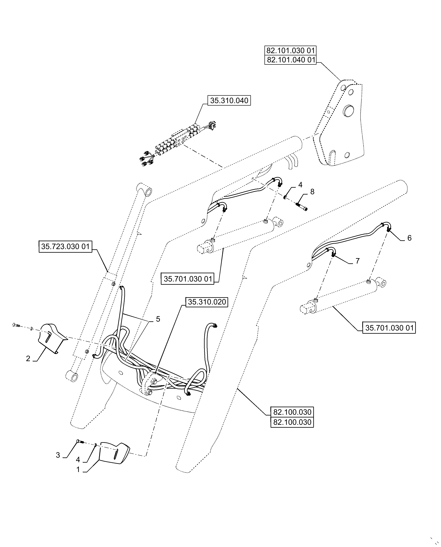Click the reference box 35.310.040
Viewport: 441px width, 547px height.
pyautogui.click(x=229, y=101)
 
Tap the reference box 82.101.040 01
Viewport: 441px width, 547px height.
pyautogui.click(x=290, y=60)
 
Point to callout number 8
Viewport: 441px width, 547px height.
pyautogui.click(x=312, y=192)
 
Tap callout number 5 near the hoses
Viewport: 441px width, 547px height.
pyautogui.click(x=158, y=319)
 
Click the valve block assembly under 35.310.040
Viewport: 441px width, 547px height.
pyautogui.click(x=178, y=142)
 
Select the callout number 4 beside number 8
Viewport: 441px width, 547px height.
pyautogui.click(x=300, y=185)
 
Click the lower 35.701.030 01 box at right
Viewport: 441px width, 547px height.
pyautogui.click(x=389, y=328)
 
